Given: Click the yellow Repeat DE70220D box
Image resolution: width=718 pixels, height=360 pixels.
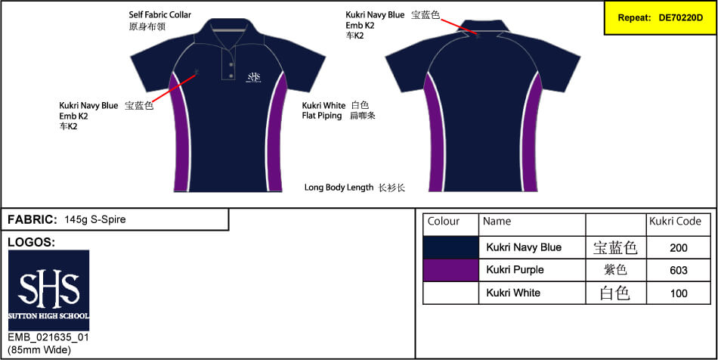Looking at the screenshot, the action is [x=661, y=18].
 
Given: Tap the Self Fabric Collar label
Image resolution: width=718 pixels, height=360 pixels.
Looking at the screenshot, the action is [x=159, y=15].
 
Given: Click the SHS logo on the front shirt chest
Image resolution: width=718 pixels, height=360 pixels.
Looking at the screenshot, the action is [x=254, y=77].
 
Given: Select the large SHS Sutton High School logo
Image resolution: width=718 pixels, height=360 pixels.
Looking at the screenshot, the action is [x=49, y=290].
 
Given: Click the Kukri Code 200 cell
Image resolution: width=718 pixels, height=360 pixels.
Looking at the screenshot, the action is [x=678, y=248].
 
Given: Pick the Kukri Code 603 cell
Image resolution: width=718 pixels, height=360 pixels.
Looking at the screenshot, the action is [x=678, y=270].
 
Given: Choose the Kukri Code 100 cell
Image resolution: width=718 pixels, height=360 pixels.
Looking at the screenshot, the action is [x=678, y=293].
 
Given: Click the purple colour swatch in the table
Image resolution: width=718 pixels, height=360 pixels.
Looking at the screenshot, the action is [x=450, y=270].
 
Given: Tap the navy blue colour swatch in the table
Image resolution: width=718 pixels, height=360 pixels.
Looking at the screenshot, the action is [x=450, y=248].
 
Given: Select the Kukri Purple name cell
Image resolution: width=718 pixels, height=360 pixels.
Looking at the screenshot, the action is [x=515, y=270].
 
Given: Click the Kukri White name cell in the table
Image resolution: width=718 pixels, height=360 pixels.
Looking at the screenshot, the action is [x=513, y=293].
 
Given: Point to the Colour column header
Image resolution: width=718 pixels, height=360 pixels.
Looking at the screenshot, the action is [x=443, y=222].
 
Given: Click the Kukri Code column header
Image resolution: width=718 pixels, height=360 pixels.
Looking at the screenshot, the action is [x=675, y=222].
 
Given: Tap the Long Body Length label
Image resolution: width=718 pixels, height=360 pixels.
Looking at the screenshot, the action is [x=339, y=188].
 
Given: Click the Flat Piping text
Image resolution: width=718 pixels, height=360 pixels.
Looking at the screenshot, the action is [x=322, y=116].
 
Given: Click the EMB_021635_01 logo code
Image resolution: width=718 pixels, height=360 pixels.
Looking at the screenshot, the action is [x=48, y=338].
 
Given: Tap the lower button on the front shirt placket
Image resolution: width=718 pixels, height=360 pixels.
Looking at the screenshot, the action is [x=231, y=75].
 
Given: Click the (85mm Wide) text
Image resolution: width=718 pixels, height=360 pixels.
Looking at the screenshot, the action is [x=39, y=350].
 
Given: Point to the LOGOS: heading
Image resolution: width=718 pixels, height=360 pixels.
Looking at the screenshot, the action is [x=32, y=242].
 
